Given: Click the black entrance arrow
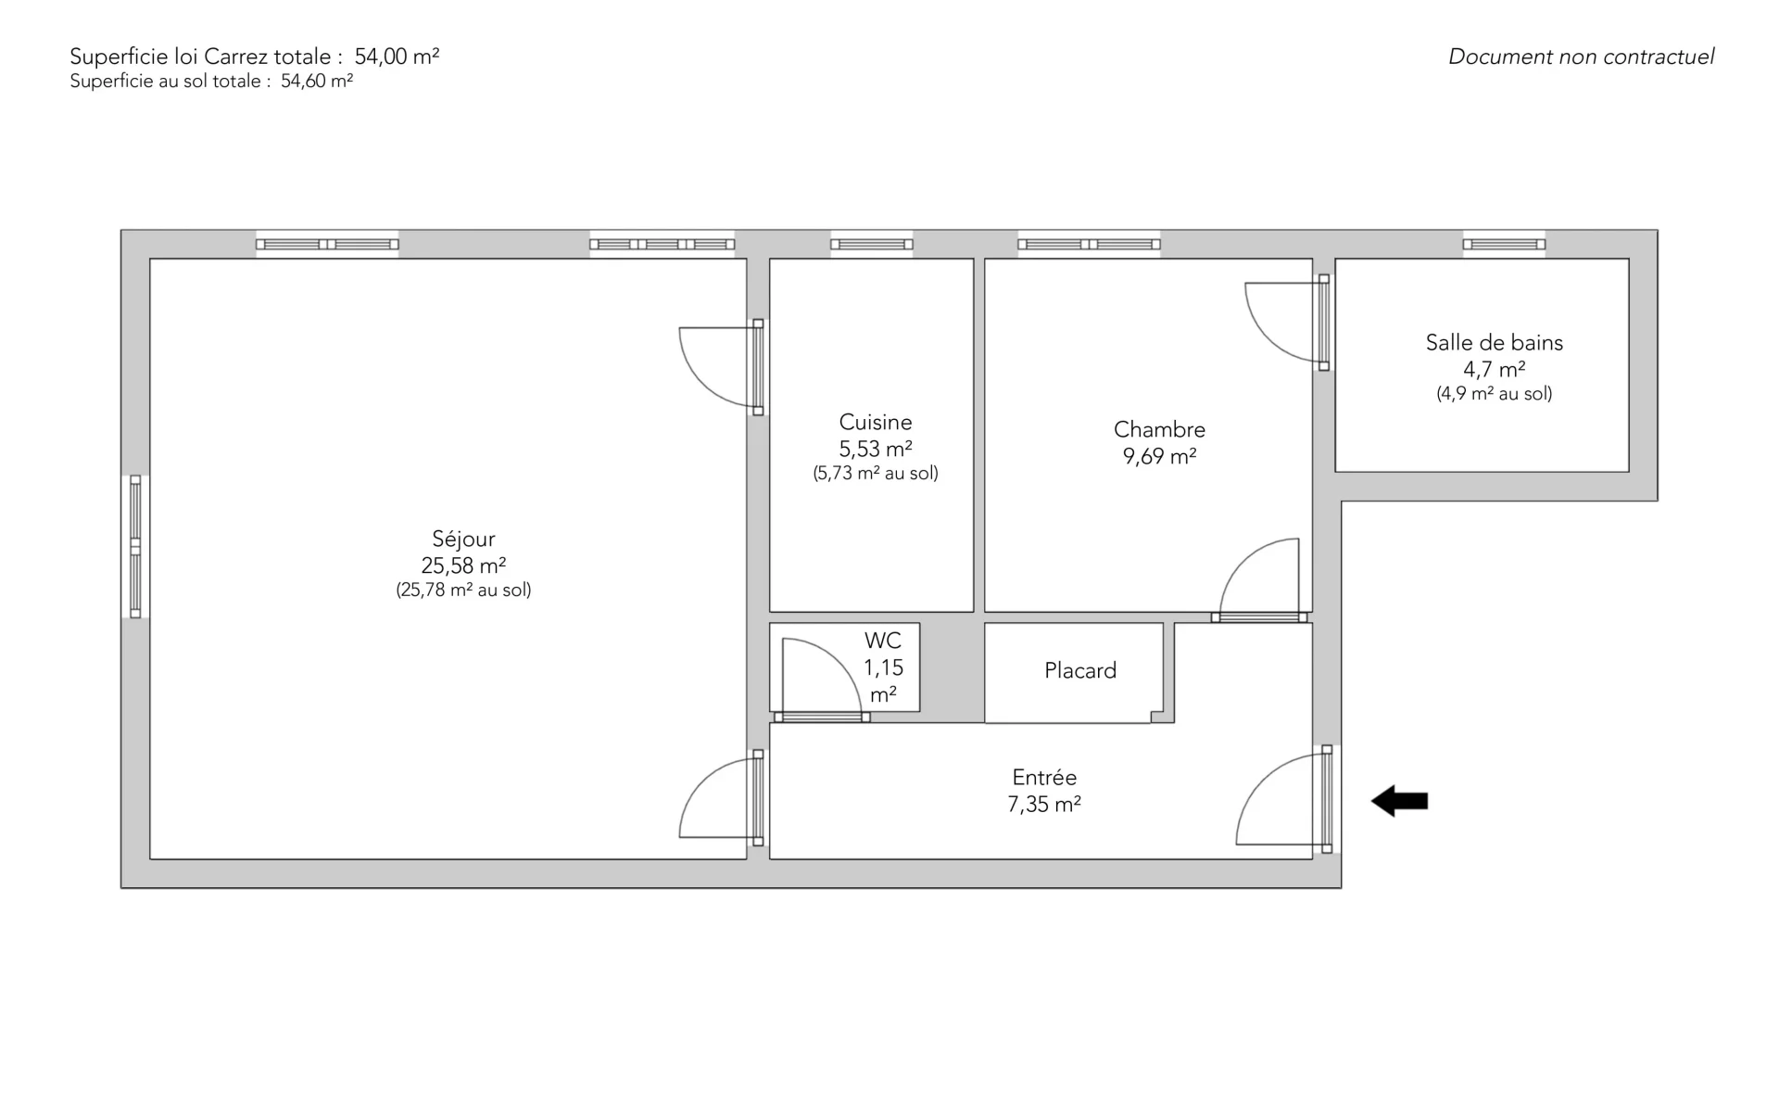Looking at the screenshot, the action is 1399,801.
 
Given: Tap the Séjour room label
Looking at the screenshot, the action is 463,539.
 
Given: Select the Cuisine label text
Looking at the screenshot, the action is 876,422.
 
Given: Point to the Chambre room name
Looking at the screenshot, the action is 1159,429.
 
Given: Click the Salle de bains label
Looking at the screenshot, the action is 1494,342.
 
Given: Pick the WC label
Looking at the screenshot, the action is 883,641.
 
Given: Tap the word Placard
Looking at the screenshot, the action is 1080,670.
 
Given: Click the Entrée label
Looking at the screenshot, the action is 1044,777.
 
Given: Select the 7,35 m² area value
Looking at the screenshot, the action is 1044,804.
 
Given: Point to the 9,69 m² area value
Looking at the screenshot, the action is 1159,456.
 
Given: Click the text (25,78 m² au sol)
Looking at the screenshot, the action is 463,590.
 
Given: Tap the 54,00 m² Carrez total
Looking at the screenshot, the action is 397,57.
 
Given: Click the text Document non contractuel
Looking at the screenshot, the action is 1581,57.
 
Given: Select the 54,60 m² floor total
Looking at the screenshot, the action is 317,82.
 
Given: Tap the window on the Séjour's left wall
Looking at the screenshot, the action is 135,546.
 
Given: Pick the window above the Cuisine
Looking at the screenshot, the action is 871,245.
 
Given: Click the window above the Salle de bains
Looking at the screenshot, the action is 1504,245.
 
